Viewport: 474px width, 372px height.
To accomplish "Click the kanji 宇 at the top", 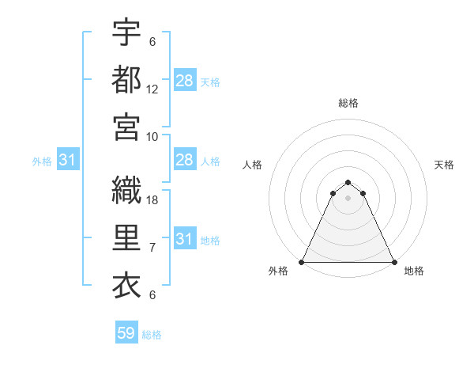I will [x=127, y=32].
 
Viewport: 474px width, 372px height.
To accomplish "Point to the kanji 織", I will [x=127, y=189].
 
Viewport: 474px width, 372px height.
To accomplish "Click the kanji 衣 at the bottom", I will [x=127, y=285].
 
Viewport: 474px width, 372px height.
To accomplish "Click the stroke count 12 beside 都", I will [x=152, y=91].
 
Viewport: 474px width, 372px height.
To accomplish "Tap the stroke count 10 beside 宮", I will [x=152, y=136].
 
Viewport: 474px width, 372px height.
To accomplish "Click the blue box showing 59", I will [x=126, y=333].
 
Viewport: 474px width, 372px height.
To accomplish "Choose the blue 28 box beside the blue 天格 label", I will [x=184, y=80].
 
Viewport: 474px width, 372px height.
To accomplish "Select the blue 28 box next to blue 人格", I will [x=184, y=160].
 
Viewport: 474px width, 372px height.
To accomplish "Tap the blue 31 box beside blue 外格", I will [x=67, y=160].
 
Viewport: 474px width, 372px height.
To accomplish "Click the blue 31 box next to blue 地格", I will [x=184, y=239].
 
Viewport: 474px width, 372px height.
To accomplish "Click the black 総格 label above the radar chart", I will [x=348, y=103].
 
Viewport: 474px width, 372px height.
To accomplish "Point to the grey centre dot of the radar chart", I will [x=348, y=198].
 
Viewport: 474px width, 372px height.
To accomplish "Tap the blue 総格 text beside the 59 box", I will [x=152, y=335].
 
